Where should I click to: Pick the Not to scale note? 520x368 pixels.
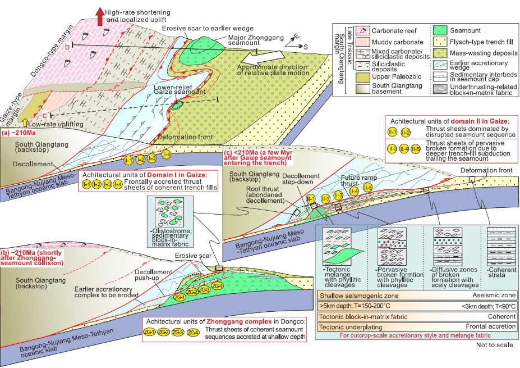point(495,344)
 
